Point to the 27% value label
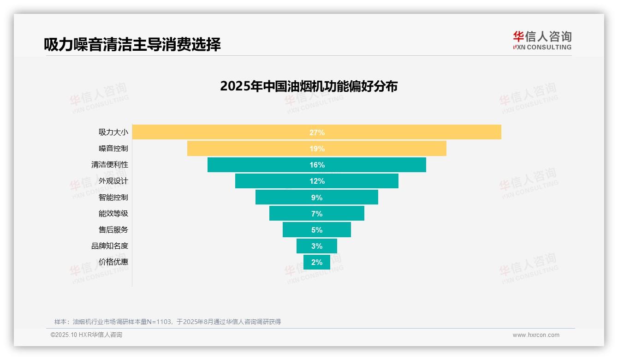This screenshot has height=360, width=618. [x=317, y=132]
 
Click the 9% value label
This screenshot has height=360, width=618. [x=317, y=198]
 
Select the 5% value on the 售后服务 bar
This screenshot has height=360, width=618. [x=317, y=230]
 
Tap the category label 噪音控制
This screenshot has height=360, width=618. [x=113, y=149]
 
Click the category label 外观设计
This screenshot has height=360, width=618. [x=113, y=181]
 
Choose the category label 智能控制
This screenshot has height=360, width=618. [x=113, y=198]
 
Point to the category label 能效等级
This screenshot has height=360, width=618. [x=113, y=214]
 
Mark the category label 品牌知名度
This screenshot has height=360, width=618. [x=110, y=246]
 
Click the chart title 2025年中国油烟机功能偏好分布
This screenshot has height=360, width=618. [x=309, y=86]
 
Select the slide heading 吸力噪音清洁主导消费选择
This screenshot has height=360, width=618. [x=132, y=44]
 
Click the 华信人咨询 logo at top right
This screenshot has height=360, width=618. [x=542, y=40]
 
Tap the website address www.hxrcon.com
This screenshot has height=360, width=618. [x=536, y=335]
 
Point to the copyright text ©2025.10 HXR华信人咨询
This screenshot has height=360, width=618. [x=86, y=335]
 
